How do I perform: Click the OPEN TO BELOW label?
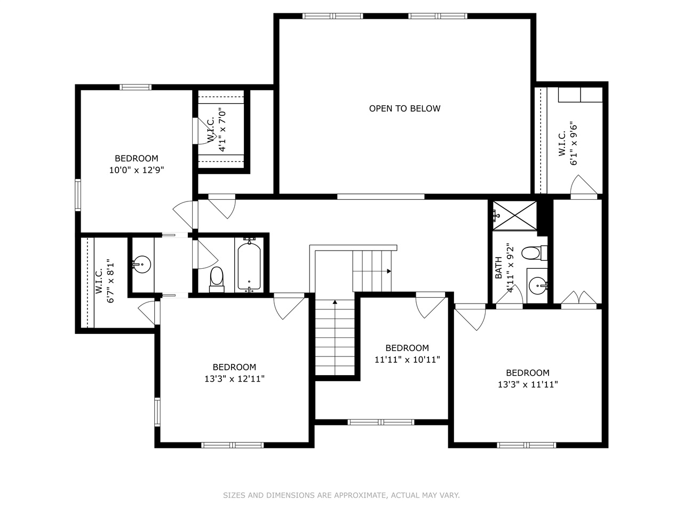pyautogui.click(x=404, y=108)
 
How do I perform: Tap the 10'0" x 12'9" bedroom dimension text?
pyautogui.click(x=136, y=170)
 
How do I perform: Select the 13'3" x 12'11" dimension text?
pyautogui.click(x=234, y=379)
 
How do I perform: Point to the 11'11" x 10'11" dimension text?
pyautogui.click(x=407, y=360)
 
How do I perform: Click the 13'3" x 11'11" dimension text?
pyautogui.click(x=528, y=384)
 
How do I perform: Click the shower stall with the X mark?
pyautogui.click(x=514, y=215)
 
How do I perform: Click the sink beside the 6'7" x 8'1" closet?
pyautogui.click(x=142, y=264)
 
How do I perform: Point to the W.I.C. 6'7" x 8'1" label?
pyautogui.click(x=105, y=282)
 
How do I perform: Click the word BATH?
pyautogui.click(x=498, y=267)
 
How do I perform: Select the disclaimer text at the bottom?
pyautogui.click(x=341, y=495)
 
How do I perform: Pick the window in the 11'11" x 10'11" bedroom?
pyautogui.click(x=381, y=422)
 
